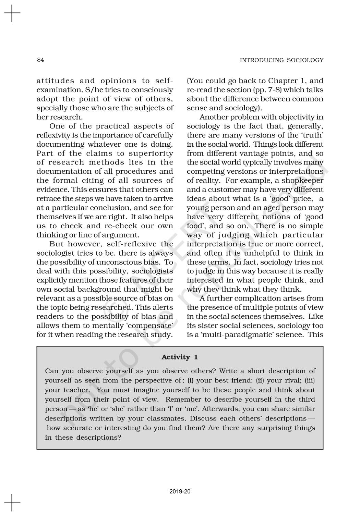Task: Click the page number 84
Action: click(x=40, y=60)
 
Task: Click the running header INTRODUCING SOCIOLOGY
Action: click(x=281, y=60)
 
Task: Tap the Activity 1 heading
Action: click(x=180, y=357)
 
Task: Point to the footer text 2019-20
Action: click(x=180, y=492)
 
